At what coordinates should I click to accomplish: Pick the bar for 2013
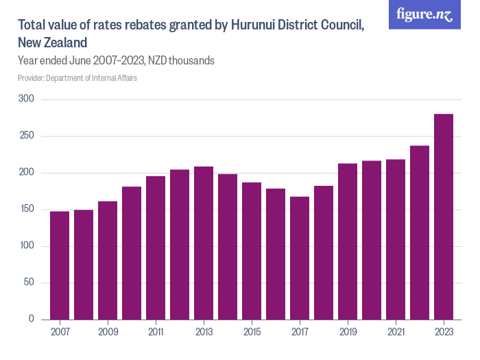(x=204, y=243)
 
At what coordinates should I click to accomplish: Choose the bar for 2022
(x=420, y=232)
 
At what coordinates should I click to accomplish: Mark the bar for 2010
(x=132, y=253)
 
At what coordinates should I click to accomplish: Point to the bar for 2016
(x=276, y=254)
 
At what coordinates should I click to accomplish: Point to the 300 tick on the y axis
(x=28, y=100)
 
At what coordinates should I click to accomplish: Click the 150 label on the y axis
(x=28, y=210)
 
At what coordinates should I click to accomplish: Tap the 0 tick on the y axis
(x=32, y=320)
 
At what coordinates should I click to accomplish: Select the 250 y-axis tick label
(x=28, y=136)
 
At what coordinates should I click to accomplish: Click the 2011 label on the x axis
(x=156, y=332)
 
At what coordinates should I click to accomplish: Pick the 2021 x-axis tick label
(x=396, y=332)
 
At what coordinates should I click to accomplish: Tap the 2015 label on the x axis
(x=252, y=332)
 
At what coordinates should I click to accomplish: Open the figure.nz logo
(x=425, y=14)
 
